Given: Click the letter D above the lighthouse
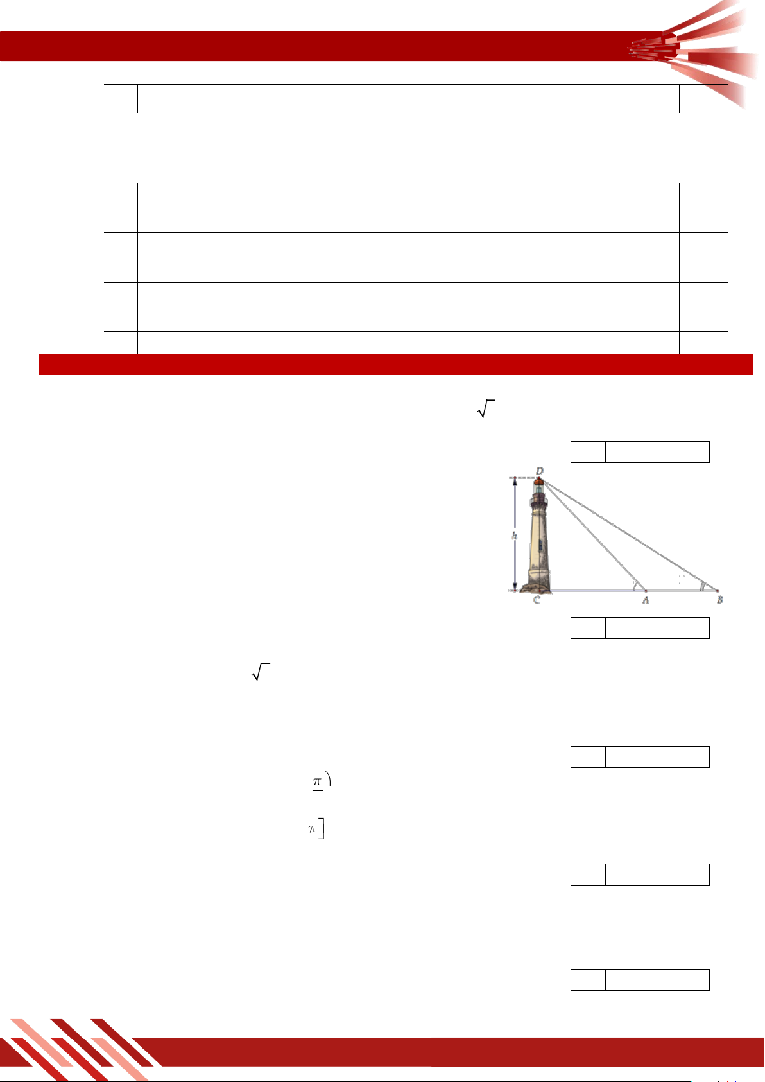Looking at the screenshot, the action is (x=540, y=471).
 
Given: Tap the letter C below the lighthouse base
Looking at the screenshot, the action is (x=537, y=600).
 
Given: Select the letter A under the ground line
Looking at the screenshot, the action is (x=646, y=600).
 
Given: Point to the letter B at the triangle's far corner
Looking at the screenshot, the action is (x=719, y=600).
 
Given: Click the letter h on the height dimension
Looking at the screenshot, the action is (x=515, y=535).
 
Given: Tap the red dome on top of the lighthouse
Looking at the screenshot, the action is (x=538, y=481).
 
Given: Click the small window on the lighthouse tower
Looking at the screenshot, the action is (x=540, y=545).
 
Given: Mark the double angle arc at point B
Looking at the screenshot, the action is (x=703, y=586).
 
